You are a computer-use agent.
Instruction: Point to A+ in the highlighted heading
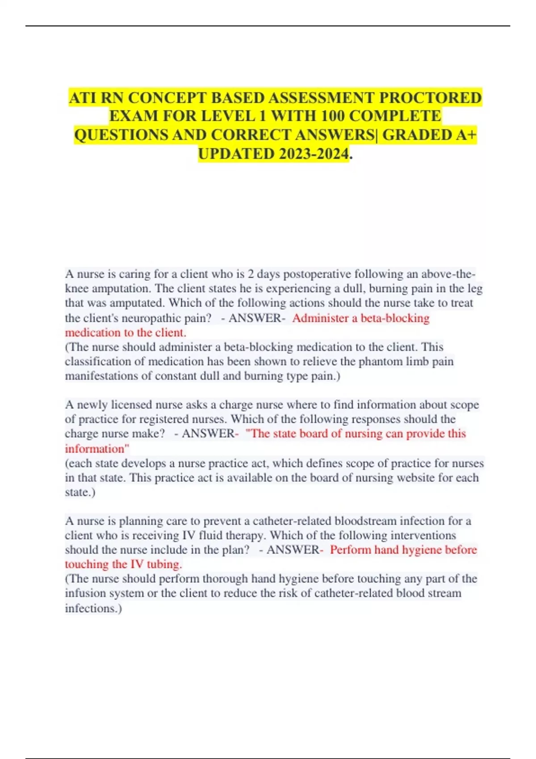[x=466, y=135]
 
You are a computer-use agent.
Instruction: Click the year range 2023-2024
[x=313, y=154]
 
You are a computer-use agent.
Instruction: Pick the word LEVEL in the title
[x=227, y=116]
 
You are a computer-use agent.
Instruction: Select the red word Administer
[x=320, y=318]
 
